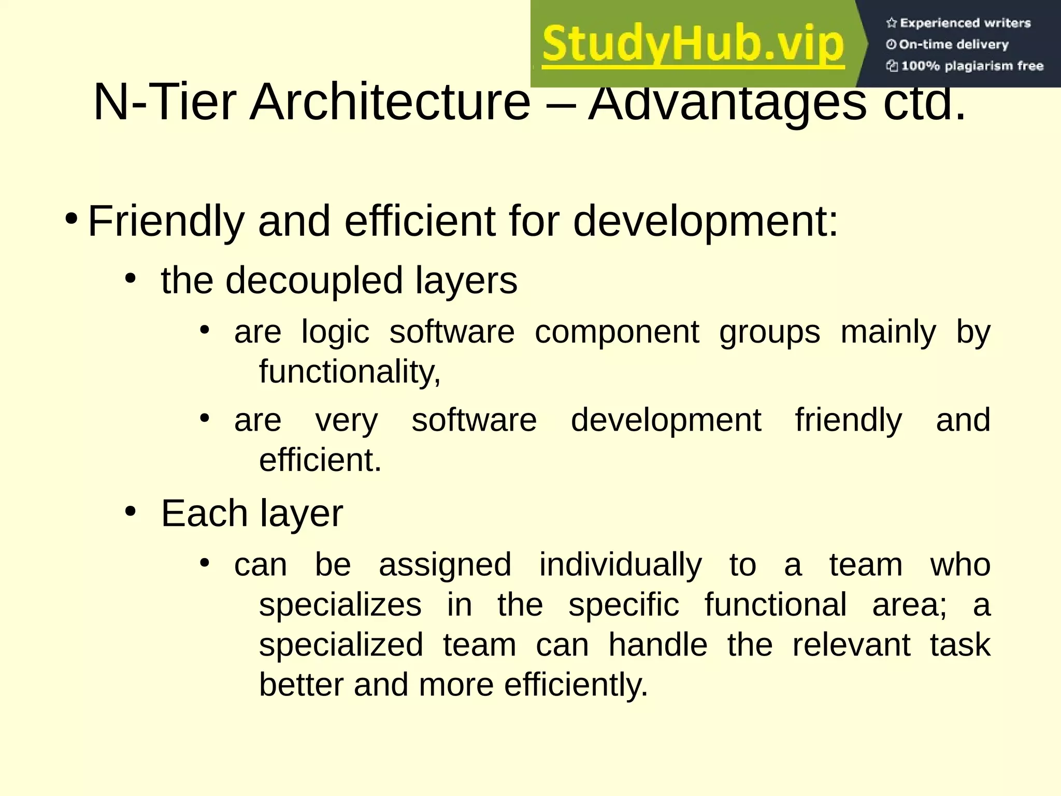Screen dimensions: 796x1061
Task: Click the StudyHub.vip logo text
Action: pyautogui.click(x=693, y=45)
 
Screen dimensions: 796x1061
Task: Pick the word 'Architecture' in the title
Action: pyautogui.click(x=390, y=102)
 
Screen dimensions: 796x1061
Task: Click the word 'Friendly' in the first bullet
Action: pyautogui.click(x=166, y=222)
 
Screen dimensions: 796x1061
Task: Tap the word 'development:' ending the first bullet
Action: pyautogui.click(x=705, y=222)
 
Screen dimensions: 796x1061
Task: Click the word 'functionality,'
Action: pyautogui.click(x=350, y=372)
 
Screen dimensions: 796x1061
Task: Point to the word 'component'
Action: pyautogui.click(x=616, y=332)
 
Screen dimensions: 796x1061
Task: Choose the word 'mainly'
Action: pyautogui.click(x=888, y=333)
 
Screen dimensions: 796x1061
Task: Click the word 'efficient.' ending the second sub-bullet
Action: pyautogui.click(x=320, y=460)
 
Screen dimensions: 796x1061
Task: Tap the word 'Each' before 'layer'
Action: pyautogui.click(x=204, y=514)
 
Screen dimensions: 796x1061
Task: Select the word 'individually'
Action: pyautogui.click(x=620, y=565)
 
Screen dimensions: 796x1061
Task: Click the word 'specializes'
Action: pyautogui.click(x=340, y=605)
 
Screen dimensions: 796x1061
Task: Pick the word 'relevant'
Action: pyautogui.click(x=851, y=645)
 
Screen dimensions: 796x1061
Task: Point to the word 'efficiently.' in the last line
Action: pyautogui.click(x=576, y=686)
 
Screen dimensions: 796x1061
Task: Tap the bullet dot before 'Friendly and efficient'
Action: pyautogui.click(x=71, y=218)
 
